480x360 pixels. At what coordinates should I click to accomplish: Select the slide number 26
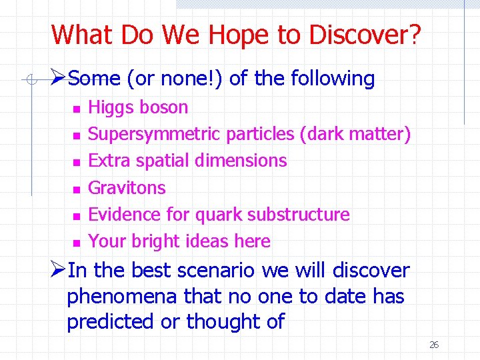tap(434, 345)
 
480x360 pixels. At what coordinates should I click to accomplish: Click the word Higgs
tap(110, 107)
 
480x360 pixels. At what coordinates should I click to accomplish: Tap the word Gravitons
tap(127, 187)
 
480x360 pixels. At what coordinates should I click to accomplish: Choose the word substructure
tap(299, 214)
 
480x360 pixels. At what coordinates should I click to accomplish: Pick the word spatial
tap(161, 161)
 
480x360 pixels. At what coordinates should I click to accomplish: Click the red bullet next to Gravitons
tap(77, 189)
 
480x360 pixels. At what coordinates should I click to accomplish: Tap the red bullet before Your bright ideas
tap(77, 242)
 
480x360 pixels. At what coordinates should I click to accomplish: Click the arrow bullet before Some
tap(58, 78)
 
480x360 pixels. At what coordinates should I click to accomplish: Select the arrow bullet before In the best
tap(58, 270)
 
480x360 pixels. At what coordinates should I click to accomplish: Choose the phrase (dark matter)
tap(355, 134)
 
